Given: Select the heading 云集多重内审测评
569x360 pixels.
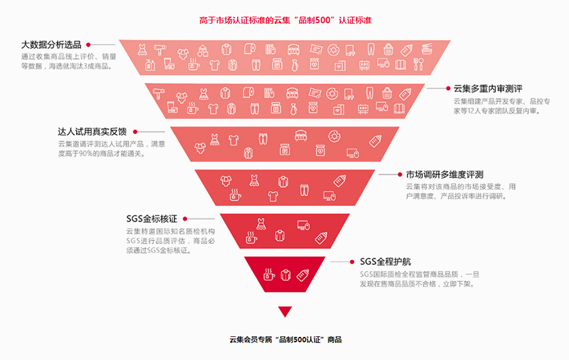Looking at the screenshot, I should point(487,88).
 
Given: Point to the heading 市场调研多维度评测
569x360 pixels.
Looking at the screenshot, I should point(445,175).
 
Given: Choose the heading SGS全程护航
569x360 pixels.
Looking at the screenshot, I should point(385,262).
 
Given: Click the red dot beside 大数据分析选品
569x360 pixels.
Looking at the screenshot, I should point(88,45).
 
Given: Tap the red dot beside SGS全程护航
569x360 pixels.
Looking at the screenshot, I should point(352,262).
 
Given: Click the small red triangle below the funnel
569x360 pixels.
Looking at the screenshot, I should point(285,312).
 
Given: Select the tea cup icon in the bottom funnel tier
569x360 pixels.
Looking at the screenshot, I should point(269,275).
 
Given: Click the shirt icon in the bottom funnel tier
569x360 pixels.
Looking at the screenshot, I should point(285,275).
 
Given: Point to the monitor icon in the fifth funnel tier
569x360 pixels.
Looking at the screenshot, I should point(303,225).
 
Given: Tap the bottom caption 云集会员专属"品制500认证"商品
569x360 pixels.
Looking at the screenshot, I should point(285,339).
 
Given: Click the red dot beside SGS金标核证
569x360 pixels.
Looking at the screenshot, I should point(184,219).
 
